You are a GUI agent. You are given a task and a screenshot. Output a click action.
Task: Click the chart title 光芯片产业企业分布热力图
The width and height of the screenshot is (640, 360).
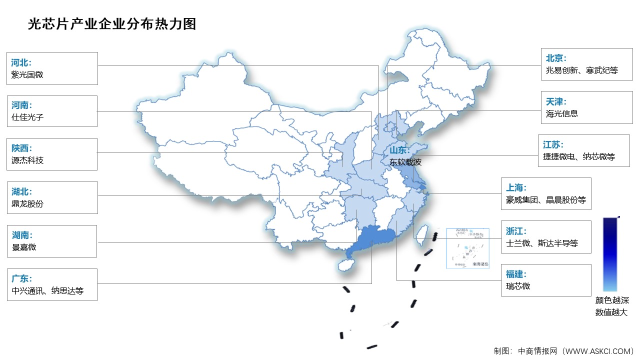pyautogui.click(x=112, y=23)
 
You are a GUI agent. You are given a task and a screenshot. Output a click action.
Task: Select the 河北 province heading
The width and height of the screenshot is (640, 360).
pyautogui.click(x=21, y=62)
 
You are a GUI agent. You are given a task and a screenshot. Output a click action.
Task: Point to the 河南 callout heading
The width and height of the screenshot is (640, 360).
pyautogui.click(x=21, y=105)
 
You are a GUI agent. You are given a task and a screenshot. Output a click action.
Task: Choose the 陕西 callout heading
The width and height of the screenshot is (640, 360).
pyautogui.click(x=21, y=148)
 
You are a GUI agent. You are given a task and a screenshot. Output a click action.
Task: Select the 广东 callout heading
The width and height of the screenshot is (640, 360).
pyautogui.click(x=21, y=278)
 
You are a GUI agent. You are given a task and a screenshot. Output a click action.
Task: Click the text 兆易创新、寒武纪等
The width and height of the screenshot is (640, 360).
pyautogui.click(x=582, y=70)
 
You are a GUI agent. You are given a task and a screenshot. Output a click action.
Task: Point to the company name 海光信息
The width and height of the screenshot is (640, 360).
pyautogui.click(x=562, y=113)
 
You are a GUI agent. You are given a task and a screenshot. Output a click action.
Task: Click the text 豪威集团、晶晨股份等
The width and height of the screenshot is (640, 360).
pyautogui.click(x=545, y=200)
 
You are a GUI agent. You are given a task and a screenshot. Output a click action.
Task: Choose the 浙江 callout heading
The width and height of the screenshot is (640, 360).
pyautogui.click(x=516, y=231)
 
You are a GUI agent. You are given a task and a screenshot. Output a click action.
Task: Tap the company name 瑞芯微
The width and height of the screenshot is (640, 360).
pyautogui.click(x=517, y=286)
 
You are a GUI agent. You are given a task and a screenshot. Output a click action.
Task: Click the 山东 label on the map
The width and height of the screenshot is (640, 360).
pyautogui.click(x=399, y=150)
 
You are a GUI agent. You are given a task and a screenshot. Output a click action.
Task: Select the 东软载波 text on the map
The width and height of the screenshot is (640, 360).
pyautogui.click(x=406, y=162)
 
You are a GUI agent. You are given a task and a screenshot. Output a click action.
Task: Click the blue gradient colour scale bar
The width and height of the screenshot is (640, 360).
pyautogui.click(x=610, y=254)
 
